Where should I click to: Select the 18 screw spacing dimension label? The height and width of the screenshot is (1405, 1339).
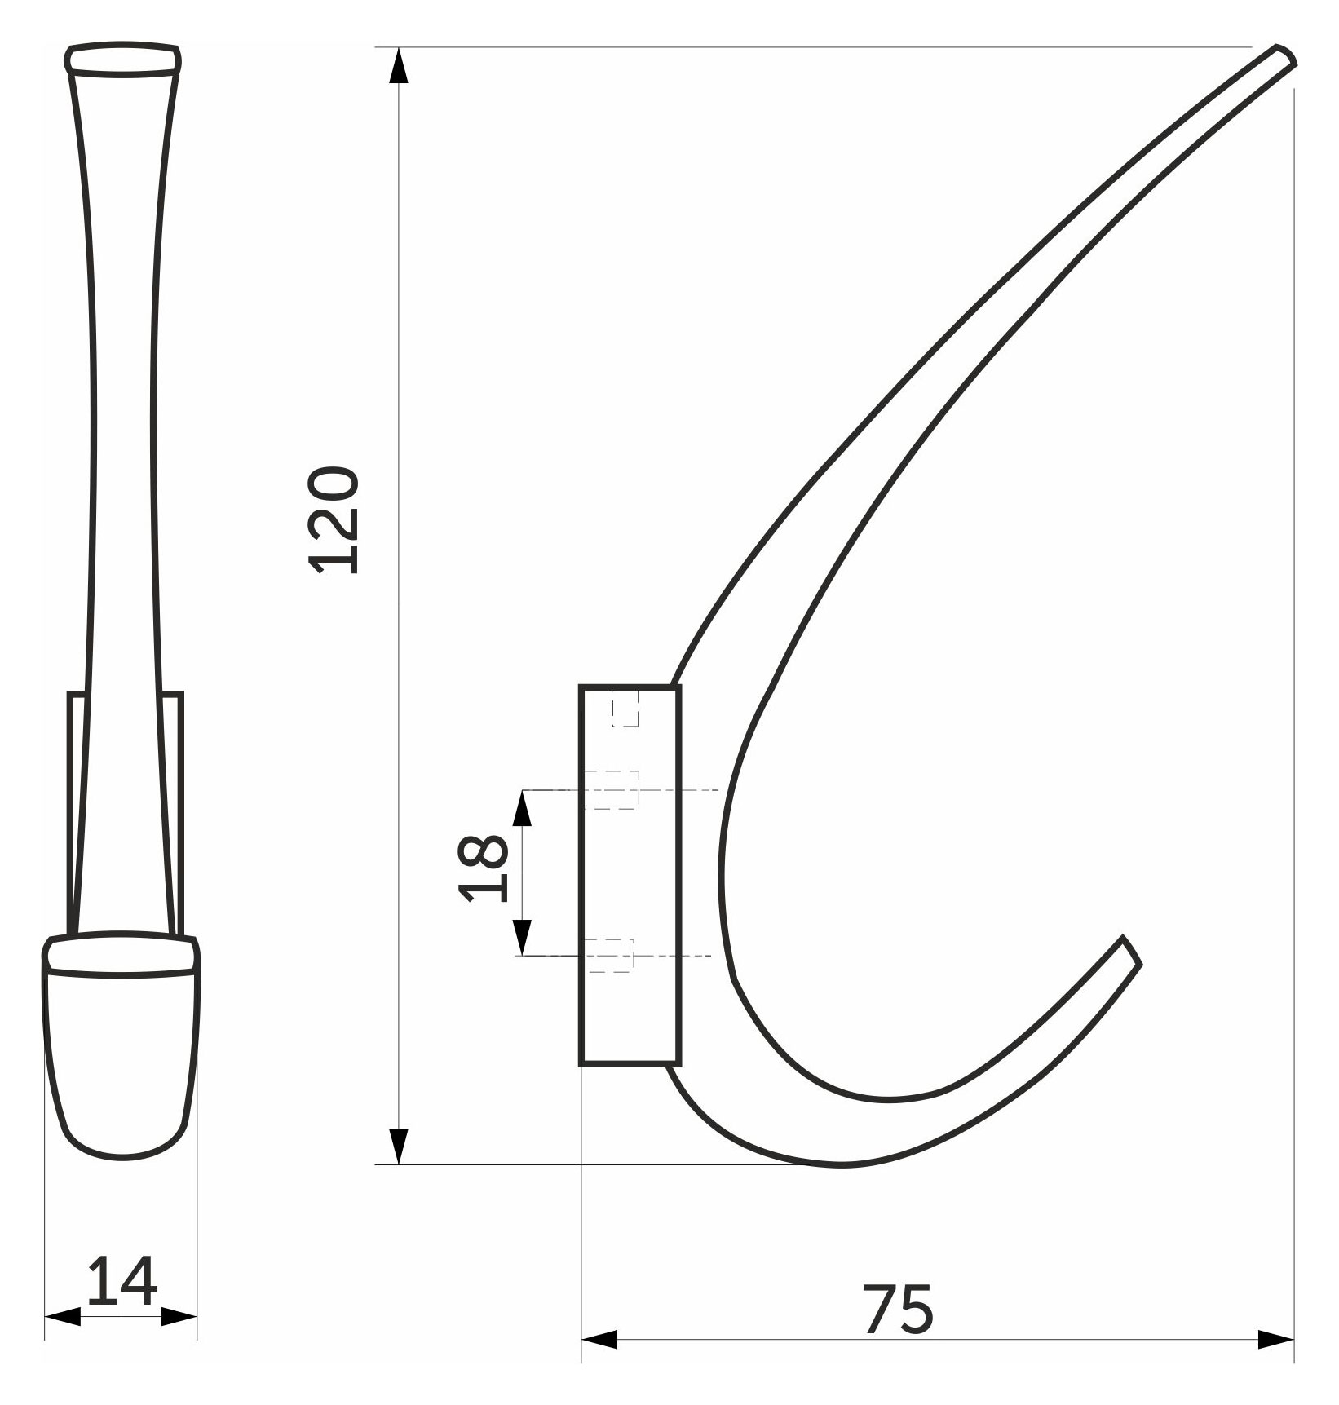click(x=484, y=869)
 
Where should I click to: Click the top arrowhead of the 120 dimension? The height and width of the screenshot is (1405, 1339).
click(x=397, y=66)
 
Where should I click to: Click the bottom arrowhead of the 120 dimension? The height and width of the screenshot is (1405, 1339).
click(x=397, y=1147)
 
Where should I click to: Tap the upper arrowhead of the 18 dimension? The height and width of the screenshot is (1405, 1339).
click(x=522, y=808)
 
